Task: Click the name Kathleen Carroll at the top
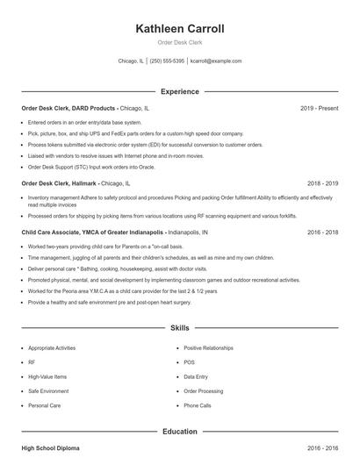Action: click(179, 29)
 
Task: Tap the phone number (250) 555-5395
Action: click(167, 61)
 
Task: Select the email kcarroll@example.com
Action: click(216, 61)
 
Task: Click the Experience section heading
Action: click(179, 91)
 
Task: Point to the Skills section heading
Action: click(179, 328)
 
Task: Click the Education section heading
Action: click(179, 432)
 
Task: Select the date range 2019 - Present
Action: click(319, 108)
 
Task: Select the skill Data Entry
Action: click(196, 376)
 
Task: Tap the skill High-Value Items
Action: click(47, 376)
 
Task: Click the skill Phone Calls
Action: click(198, 406)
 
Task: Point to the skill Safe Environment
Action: click(48, 391)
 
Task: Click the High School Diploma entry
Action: click(50, 448)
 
